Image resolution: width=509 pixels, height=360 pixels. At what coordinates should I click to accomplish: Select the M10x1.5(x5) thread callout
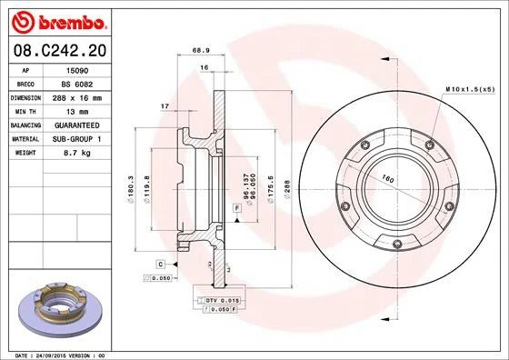[469, 89]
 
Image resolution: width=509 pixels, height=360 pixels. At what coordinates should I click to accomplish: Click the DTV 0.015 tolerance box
[221, 299]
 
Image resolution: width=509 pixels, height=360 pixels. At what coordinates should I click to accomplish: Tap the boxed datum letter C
[160, 263]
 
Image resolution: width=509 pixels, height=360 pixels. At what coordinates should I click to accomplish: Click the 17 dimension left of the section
[165, 107]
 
